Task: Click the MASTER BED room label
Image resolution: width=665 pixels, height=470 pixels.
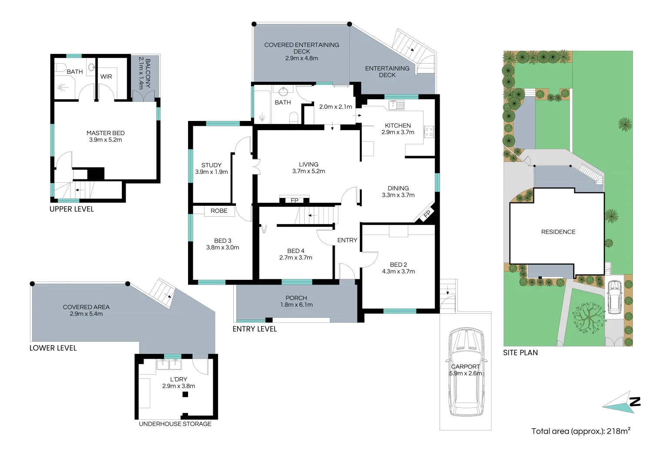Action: pos(105,133)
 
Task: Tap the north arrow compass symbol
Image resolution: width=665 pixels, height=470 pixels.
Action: pos(622,403)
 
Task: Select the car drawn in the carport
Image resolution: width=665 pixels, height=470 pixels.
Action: pos(465,372)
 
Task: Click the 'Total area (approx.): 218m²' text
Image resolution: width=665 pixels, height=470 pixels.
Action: pos(581,431)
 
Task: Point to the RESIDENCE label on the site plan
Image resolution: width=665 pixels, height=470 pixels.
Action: pos(558,232)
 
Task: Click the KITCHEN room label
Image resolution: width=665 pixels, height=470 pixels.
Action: pos(398,125)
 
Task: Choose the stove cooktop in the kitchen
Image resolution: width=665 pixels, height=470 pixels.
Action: pos(429,132)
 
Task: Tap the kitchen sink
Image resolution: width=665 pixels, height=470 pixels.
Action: pos(396,105)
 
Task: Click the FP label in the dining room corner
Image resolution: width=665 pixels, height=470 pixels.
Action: pos(427,214)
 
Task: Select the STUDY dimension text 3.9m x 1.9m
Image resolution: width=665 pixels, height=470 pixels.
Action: pos(212,172)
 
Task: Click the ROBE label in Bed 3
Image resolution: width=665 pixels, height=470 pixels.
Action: pos(219,211)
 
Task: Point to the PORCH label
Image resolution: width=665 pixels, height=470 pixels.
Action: pos(296,298)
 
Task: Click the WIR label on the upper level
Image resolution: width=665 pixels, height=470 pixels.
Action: pos(106,77)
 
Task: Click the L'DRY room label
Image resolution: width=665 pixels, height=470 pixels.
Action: pos(178,379)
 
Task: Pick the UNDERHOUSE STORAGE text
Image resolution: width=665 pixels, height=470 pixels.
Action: pos(175,424)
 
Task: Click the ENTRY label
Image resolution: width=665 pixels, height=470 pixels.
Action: pos(347,240)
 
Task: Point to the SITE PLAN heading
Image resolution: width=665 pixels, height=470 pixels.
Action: pos(520,353)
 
